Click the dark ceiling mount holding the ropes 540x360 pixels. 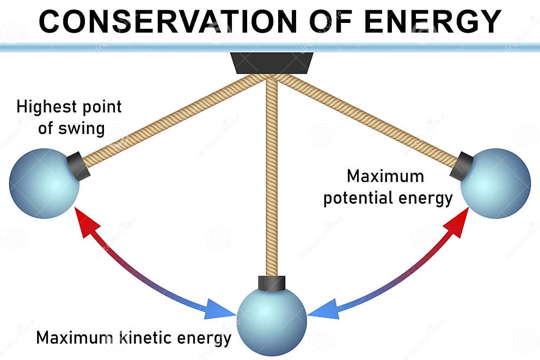271,63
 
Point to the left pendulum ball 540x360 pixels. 44,184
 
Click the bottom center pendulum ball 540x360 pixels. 272,321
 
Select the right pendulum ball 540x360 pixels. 496,184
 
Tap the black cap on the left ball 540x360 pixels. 78,167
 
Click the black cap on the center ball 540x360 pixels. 272,283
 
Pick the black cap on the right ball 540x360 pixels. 462,166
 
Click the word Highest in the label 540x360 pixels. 44,107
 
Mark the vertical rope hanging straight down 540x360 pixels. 272,180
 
